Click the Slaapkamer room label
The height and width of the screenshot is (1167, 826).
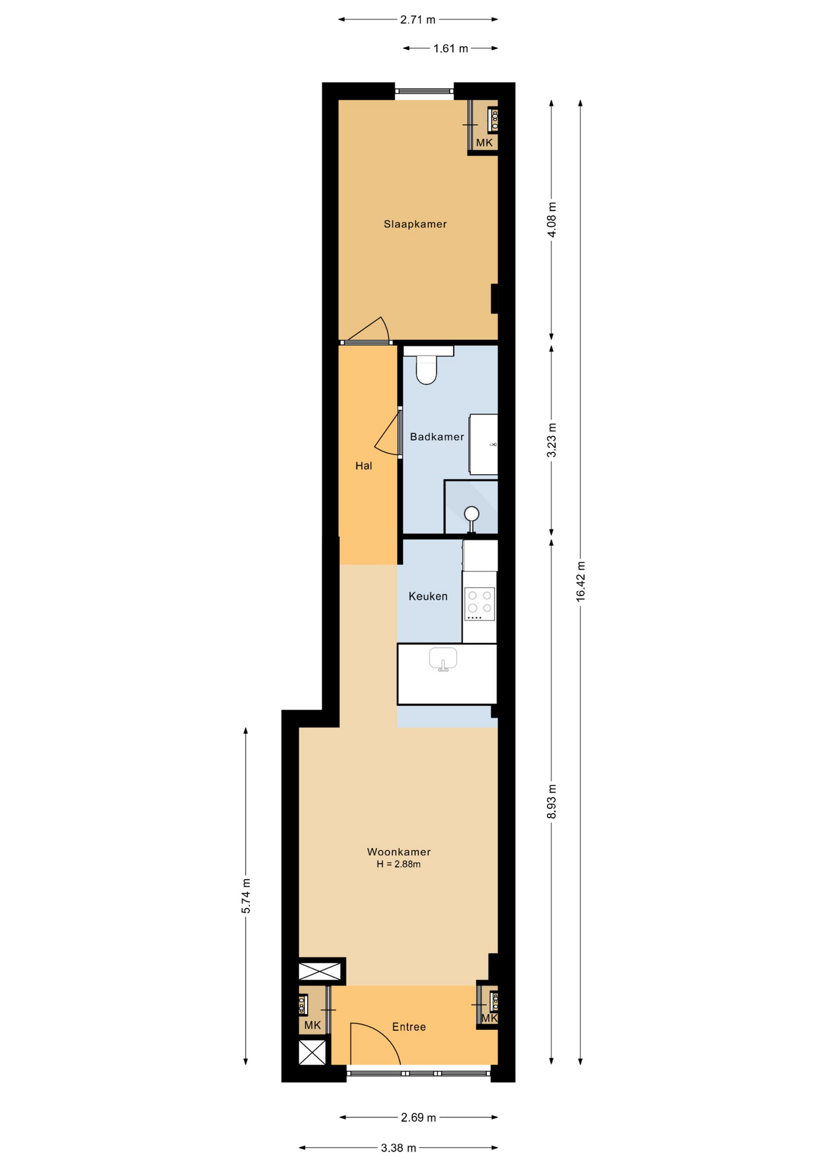point(415,224)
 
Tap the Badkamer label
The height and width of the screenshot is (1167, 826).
point(437,437)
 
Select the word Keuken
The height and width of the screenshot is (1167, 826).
point(428,597)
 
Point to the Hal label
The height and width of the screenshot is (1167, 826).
point(364,466)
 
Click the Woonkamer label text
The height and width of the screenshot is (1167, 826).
point(398,852)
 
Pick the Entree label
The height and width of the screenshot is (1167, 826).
point(409,1027)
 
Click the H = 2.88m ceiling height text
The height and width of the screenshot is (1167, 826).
point(398,864)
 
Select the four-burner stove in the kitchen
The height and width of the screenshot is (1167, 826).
point(480,604)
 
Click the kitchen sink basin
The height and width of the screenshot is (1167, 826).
point(443,659)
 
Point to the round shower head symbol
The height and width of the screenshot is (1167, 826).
point(471,514)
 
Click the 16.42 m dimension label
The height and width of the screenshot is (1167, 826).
point(580,582)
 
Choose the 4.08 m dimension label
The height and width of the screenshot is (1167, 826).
point(552,219)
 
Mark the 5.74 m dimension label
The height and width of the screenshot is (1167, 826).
point(246,896)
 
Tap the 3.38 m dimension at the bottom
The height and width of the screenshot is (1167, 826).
point(398,1148)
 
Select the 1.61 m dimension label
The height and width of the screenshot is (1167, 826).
point(451,49)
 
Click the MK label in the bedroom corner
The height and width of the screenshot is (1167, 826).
point(484,143)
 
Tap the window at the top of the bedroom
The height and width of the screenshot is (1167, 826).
point(425,91)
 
